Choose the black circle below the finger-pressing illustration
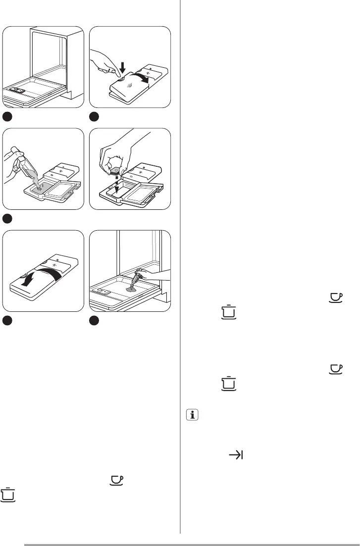coord(94,117)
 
